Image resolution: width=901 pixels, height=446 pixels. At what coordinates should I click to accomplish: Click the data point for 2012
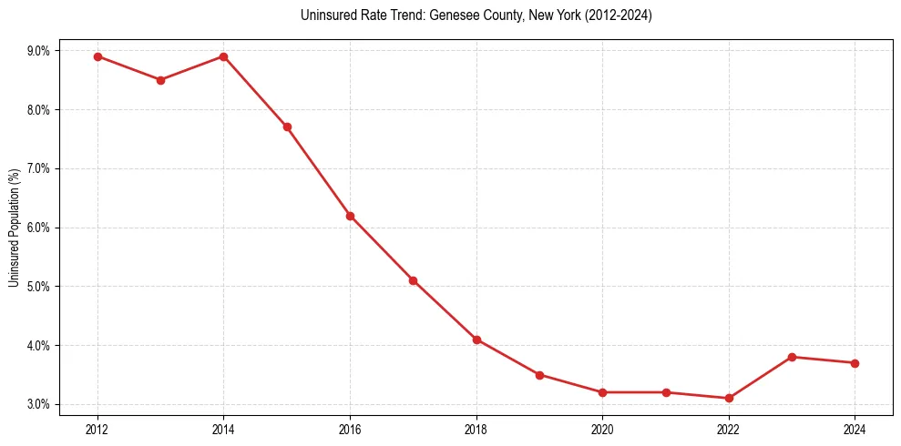(x=97, y=56)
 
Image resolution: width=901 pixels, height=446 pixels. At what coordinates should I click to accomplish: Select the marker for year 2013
(x=160, y=80)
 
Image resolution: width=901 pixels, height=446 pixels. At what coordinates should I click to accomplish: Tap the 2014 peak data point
(x=223, y=56)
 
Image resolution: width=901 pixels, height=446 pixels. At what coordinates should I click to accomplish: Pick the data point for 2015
(x=287, y=127)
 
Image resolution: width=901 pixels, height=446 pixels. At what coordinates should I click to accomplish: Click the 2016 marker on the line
(x=350, y=216)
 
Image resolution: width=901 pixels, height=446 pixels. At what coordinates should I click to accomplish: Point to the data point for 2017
(x=413, y=280)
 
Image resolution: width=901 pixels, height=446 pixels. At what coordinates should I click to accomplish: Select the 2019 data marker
(x=539, y=375)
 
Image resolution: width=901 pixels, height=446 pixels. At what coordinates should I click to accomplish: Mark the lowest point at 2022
(x=729, y=398)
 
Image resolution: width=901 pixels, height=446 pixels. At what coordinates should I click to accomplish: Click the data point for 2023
(x=792, y=357)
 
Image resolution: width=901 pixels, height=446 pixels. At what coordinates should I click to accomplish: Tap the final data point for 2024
(x=855, y=363)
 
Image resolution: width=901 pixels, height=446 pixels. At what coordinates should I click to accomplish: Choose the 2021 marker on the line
(x=666, y=392)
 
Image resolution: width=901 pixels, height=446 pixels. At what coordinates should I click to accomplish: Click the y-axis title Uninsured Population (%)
(x=14, y=228)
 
